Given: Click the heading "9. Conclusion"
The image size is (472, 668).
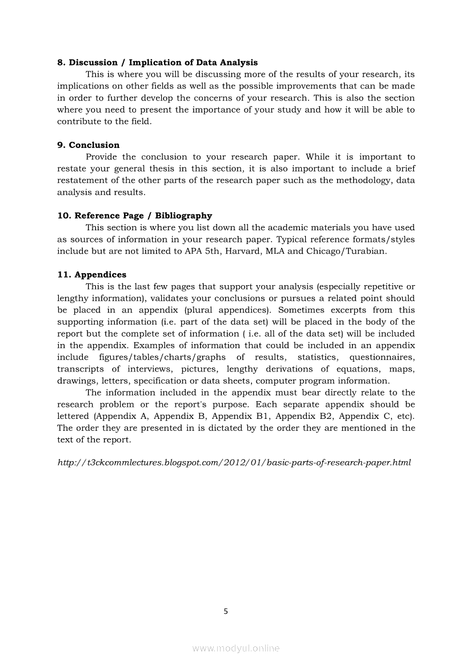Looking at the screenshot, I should (88, 145).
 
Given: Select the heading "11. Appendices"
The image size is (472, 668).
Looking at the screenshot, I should (91, 275).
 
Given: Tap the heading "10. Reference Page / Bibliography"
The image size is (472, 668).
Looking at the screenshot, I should (134, 216).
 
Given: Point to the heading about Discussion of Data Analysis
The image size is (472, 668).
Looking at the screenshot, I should (157, 63).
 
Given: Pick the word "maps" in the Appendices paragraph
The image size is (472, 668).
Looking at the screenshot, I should (402, 369).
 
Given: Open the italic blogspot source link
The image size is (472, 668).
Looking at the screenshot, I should (234, 462).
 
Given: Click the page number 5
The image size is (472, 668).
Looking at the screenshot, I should (226, 611).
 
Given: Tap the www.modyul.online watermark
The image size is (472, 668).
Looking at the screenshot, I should (236, 649).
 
